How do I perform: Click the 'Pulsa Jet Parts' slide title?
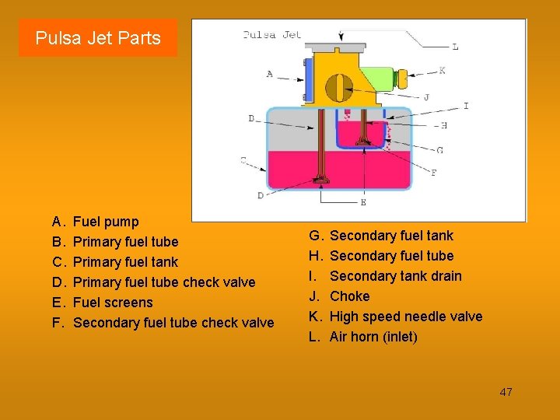pyautogui.click(x=98, y=38)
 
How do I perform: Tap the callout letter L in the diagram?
pyautogui.click(x=455, y=47)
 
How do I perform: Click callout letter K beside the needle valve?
pyautogui.click(x=442, y=70)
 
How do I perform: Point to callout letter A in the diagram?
pyautogui.click(x=270, y=75)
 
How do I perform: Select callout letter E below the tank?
pyautogui.click(x=362, y=202)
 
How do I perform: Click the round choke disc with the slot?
pyautogui.click(x=338, y=87)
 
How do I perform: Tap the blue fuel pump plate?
pyautogui.click(x=309, y=79)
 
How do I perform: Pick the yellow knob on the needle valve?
pyautogui.click(x=402, y=79)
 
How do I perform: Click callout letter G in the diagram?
pyautogui.click(x=440, y=150)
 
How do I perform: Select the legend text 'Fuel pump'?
pyautogui.click(x=106, y=222)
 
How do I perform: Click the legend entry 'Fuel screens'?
pyautogui.click(x=113, y=303)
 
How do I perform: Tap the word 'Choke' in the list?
pyautogui.click(x=350, y=296)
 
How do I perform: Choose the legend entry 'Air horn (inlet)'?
pyautogui.click(x=373, y=337)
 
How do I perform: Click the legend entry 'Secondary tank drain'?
pyautogui.click(x=396, y=276)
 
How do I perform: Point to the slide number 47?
pyautogui.click(x=506, y=392)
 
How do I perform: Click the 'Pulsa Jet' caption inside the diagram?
pyautogui.click(x=271, y=34)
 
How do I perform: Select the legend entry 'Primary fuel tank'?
pyautogui.click(x=125, y=262)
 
